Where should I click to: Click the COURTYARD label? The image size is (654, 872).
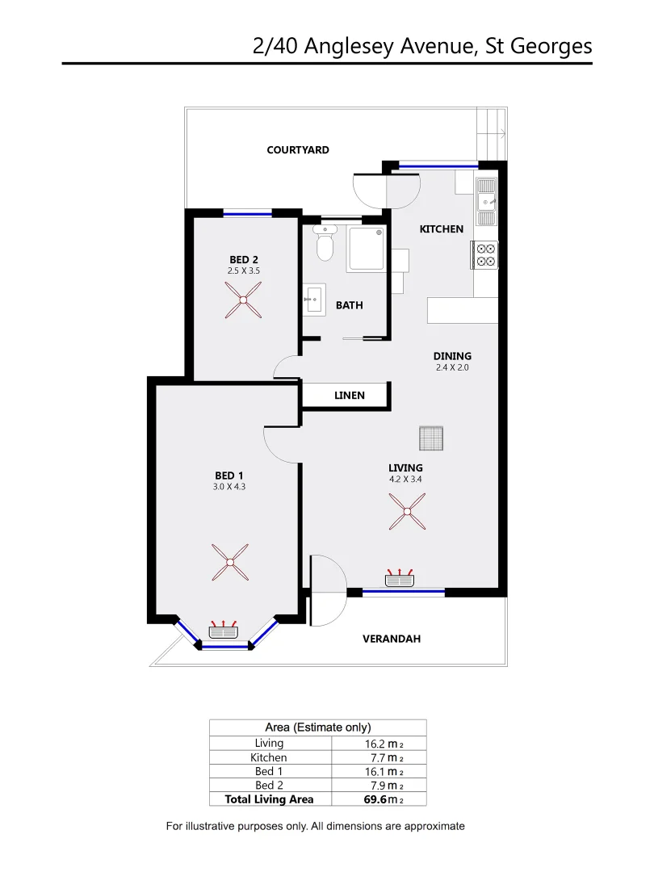298,150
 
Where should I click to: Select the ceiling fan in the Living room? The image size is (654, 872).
407,512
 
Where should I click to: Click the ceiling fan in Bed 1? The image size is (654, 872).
230,563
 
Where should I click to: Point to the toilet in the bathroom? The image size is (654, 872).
325,244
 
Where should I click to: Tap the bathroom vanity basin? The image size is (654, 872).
313,300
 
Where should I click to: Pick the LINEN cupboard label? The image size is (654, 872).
350,396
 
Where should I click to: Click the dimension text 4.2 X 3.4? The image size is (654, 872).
405,480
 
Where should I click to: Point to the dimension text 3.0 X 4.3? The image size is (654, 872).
229,487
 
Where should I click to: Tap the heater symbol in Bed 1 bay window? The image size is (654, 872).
223,631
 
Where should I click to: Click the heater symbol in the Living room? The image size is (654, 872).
400,578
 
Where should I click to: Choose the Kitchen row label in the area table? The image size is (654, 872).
269,757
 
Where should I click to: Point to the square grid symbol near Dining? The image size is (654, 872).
432,438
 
